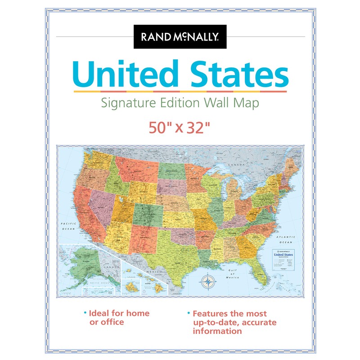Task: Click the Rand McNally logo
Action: tap(180, 36)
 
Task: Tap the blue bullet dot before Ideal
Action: tap(84, 313)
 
